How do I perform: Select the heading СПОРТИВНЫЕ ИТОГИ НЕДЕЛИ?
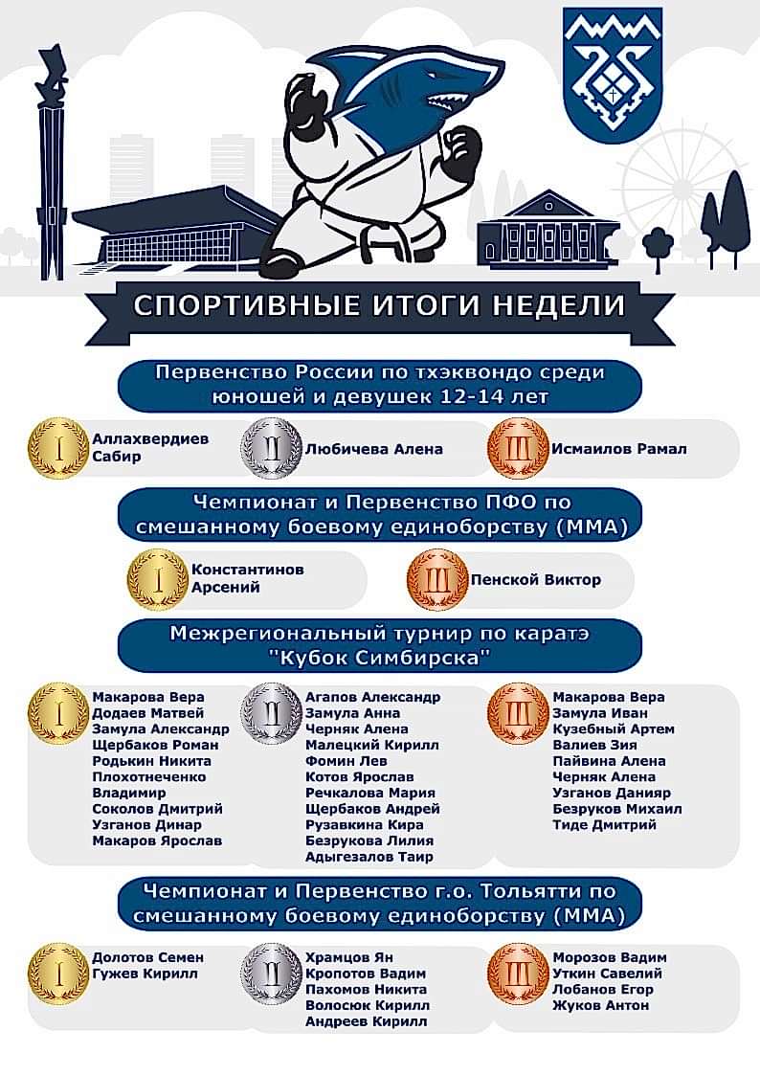click(379, 304)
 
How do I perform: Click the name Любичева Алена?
click(373, 449)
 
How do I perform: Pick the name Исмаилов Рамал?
click(619, 449)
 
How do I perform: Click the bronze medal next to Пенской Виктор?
click(437, 580)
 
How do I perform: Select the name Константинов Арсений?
click(247, 578)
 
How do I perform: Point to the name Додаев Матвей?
click(148, 713)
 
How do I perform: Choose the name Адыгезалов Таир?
click(369, 857)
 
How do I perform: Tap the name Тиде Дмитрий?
click(604, 825)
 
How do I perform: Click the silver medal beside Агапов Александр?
click(272, 714)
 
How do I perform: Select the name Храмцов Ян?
click(348, 957)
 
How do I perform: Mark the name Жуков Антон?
click(600, 1005)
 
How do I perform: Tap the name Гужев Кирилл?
click(145, 974)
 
